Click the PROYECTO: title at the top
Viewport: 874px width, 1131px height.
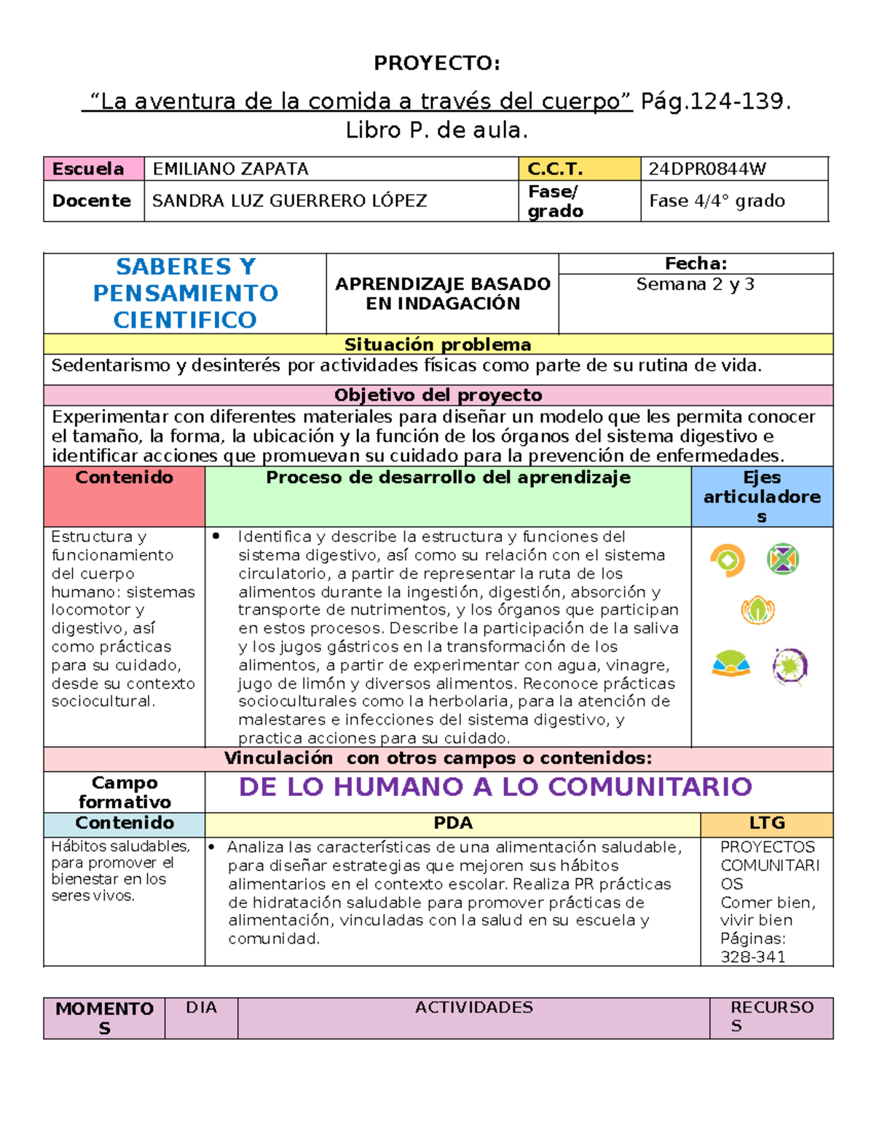[436, 63]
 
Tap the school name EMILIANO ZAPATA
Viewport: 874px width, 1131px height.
[230, 169]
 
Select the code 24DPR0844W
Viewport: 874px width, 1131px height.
[707, 169]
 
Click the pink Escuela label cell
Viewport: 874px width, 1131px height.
[93, 169]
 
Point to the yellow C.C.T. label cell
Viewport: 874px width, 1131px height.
[578, 169]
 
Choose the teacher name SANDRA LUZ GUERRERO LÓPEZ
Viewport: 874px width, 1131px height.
[289, 201]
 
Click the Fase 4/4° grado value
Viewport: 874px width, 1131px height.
[717, 201]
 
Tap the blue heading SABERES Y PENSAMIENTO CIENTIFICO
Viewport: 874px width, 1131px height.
[185, 293]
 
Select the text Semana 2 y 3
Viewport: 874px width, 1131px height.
[695, 285]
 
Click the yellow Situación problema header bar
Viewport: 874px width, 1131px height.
[438, 344]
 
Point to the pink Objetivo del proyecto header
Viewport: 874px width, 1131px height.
[438, 395]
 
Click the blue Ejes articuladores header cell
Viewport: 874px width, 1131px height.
[762, 497]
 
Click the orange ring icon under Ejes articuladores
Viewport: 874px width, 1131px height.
[727, 560]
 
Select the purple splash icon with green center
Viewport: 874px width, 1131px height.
[790, 666]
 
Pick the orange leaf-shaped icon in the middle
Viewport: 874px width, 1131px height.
[757, 610]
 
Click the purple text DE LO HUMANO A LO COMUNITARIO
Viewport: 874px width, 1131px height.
[495, 787]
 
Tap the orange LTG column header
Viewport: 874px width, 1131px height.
[767, 824]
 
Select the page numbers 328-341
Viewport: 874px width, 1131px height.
[753, 957]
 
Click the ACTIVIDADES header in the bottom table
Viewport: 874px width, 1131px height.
[473, 1008]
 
